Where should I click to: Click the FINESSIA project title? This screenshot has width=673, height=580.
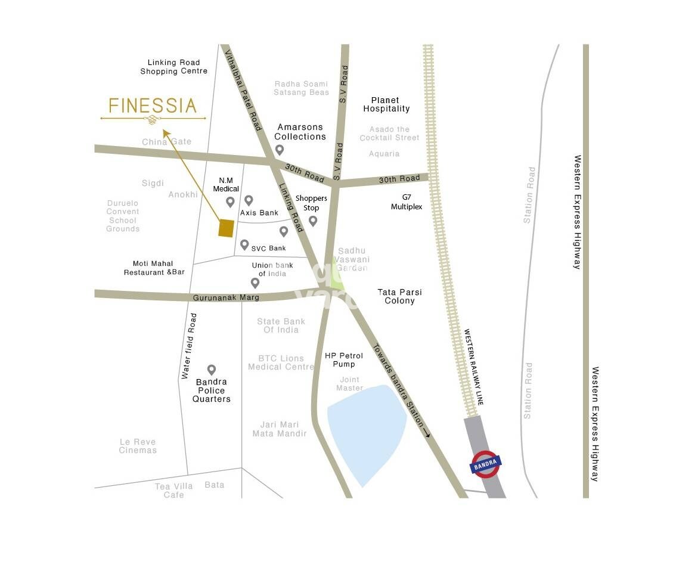point(153,106)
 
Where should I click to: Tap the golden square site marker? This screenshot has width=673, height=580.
point(225,228)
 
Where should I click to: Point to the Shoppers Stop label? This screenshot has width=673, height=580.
point(311,203)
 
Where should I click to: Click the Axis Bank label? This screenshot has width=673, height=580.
point(259,213)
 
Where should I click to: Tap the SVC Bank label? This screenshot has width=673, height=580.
point(268,248)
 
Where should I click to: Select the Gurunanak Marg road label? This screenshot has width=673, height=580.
point(218,297)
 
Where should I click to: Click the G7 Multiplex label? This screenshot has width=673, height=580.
point(407,201)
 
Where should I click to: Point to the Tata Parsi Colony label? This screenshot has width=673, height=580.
point(399,296)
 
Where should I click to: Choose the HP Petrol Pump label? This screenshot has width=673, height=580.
point(343,360)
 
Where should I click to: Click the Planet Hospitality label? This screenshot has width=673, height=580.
point(386,104)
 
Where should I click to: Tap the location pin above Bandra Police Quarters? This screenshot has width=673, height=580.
point(211,370)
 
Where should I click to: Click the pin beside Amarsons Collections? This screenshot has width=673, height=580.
point(279,150)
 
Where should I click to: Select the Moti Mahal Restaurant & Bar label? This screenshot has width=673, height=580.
point(154,268)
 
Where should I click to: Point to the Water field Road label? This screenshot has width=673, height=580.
point(189,346)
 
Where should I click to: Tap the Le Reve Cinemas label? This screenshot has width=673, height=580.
point(138,446)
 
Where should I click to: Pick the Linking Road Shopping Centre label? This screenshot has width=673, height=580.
point(174,67)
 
